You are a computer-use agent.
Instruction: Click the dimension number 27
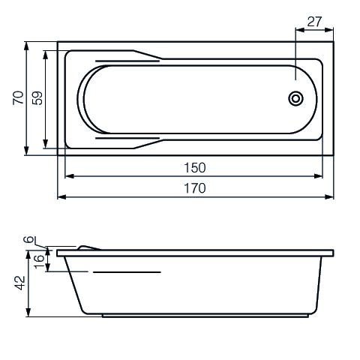coord(314,22)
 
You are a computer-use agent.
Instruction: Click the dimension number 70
coord(18,97)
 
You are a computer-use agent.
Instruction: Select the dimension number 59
coord(37,97)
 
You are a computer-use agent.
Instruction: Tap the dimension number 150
coord(195,168)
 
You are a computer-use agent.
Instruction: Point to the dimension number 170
coord(195,188)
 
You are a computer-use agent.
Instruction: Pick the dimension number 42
coord(20,283)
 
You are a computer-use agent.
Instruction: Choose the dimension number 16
coord(39,262)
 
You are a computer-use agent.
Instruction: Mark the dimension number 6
coord(28,239)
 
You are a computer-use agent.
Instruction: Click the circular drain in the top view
coord(296,98)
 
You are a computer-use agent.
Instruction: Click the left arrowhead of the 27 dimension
coord(299,30)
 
